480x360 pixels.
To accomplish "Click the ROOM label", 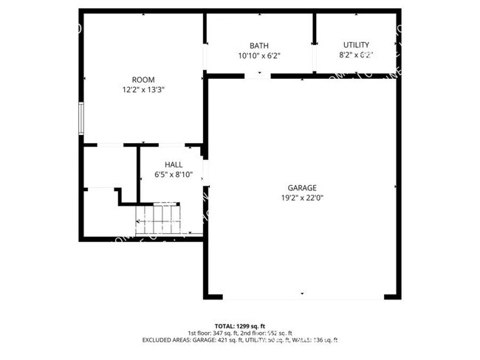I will point(143,80).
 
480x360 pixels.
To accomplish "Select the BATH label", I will point(259,46).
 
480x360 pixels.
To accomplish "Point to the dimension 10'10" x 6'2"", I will point(259,55).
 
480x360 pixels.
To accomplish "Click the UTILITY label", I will point(357,45).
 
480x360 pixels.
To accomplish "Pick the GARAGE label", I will point(302,187).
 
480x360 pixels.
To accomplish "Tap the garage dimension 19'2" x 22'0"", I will point(302,198).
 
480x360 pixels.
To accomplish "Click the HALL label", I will point(174,165).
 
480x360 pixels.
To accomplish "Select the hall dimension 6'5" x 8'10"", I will point(174,175).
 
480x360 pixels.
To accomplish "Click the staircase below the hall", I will point(157,219).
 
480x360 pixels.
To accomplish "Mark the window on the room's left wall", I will point(82,118).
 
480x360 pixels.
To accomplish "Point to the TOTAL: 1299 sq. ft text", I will point(240,325).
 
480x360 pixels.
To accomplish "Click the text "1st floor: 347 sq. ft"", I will point(217,333).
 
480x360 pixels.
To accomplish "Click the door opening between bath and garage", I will point(253,75).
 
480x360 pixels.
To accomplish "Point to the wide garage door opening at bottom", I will point(303,297).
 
